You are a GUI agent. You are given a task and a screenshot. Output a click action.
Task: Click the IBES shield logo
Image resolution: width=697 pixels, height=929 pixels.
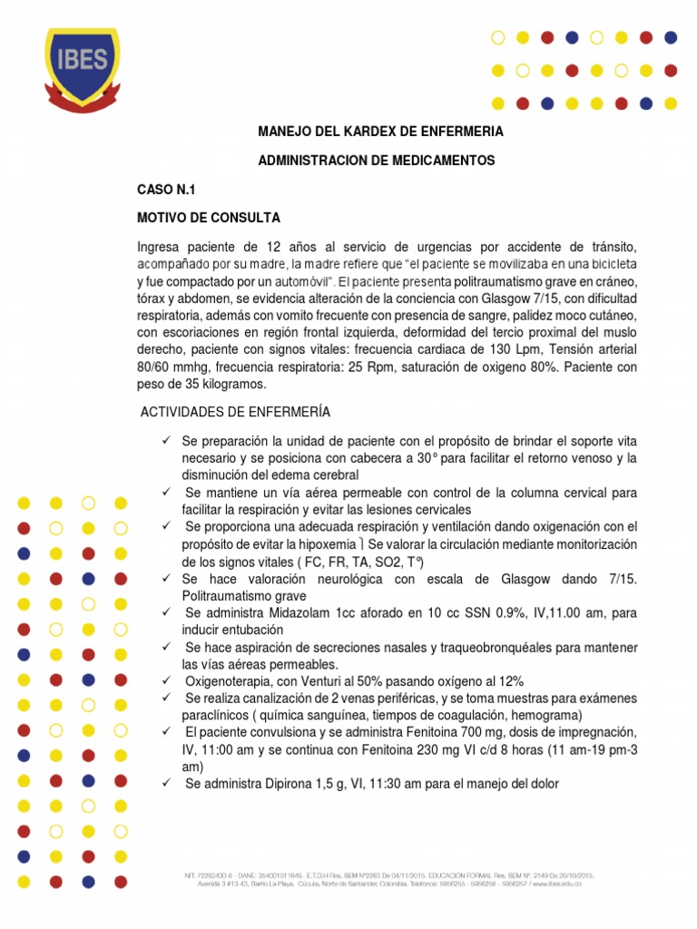(82, 68)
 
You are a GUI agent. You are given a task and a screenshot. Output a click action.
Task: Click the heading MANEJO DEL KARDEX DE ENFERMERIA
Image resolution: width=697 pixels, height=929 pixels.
(381, 132)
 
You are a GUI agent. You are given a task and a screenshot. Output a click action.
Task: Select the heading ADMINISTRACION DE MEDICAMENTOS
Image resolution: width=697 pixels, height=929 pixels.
(377, 160)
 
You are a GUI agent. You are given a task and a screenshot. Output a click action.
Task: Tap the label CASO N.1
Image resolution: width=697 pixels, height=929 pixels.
(166, 190)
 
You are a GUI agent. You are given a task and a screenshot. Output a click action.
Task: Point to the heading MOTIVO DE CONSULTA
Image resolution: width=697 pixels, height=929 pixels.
(209, 218)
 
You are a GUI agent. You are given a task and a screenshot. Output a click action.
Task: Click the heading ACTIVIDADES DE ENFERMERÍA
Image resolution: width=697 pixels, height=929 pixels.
(235, 412)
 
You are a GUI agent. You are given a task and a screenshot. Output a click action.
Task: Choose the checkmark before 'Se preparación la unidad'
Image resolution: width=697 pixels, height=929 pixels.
(167, 440)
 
